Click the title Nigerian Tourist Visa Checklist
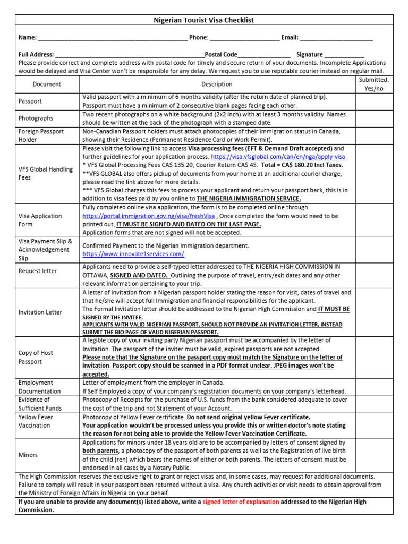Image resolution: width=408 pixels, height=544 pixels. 204,20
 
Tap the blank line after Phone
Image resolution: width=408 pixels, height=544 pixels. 244,39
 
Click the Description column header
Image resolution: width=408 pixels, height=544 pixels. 217,84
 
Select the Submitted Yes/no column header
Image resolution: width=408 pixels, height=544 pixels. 373,84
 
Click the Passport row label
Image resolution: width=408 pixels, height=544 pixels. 30,101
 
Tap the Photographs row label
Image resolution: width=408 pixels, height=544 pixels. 36,118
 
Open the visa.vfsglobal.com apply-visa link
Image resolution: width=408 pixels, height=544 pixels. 278,157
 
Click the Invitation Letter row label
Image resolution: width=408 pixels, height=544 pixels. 40,312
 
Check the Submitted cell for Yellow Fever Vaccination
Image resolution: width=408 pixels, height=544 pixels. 373,426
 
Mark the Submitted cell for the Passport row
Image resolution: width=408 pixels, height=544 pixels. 373,101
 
